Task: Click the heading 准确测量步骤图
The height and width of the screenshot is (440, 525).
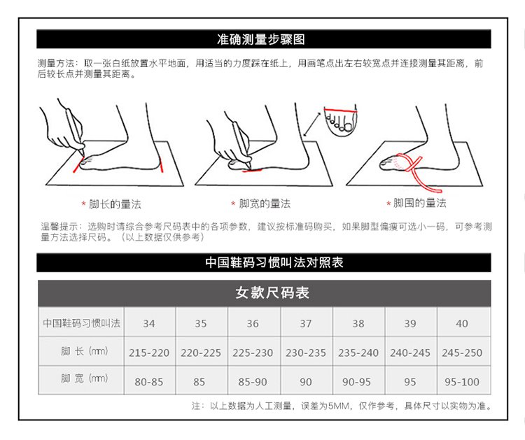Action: [261, 39]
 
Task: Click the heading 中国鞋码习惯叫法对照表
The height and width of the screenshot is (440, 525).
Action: [274, 262]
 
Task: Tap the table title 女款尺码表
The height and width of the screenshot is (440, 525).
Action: [272, 293]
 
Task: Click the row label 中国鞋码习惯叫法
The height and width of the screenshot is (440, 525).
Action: [81, 323]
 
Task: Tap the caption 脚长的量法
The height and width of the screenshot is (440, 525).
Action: [115, 204]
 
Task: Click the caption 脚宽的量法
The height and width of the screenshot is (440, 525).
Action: [265, 204]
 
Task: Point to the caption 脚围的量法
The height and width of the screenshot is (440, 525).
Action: [419, 203]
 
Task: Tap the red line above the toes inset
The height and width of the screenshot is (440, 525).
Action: [340, 110]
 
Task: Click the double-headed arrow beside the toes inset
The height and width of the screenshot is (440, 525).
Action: [311, 125]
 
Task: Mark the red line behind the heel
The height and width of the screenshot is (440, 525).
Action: [161, 166]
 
